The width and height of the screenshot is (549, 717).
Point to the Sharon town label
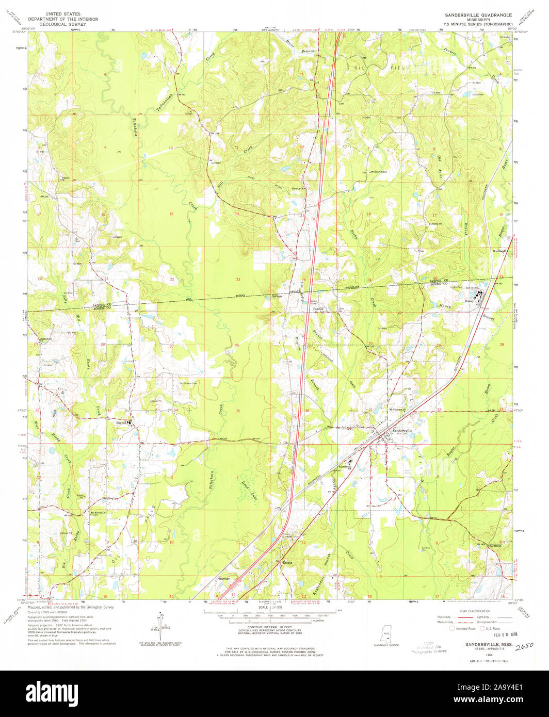122,422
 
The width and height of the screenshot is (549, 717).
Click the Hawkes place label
223,578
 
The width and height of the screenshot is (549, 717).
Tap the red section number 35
237,411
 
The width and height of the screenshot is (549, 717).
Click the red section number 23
238,279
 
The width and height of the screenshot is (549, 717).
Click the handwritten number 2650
525,645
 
